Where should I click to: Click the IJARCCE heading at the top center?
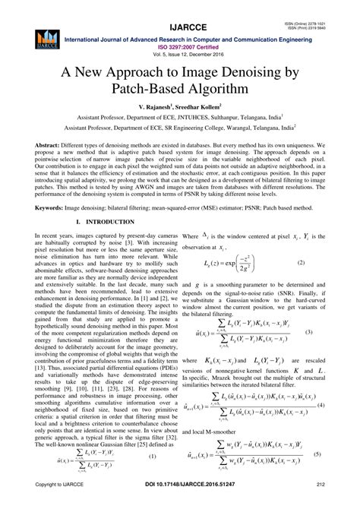click(180, 11)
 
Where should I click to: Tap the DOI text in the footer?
click(179, 503)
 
